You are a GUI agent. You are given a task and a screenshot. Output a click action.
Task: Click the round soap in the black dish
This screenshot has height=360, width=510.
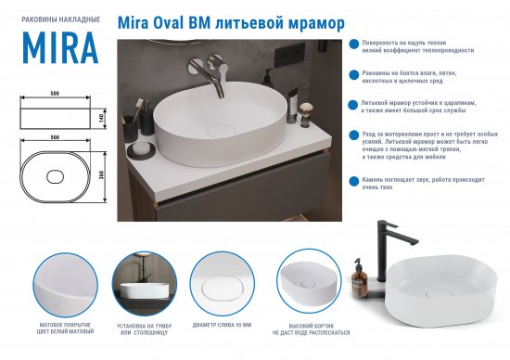coord(140,147)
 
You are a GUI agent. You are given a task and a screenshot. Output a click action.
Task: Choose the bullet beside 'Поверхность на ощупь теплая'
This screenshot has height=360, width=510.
coord(352,44)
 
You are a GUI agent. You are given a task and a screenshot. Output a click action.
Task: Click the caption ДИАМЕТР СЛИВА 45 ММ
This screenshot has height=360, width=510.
coord(221,324)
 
